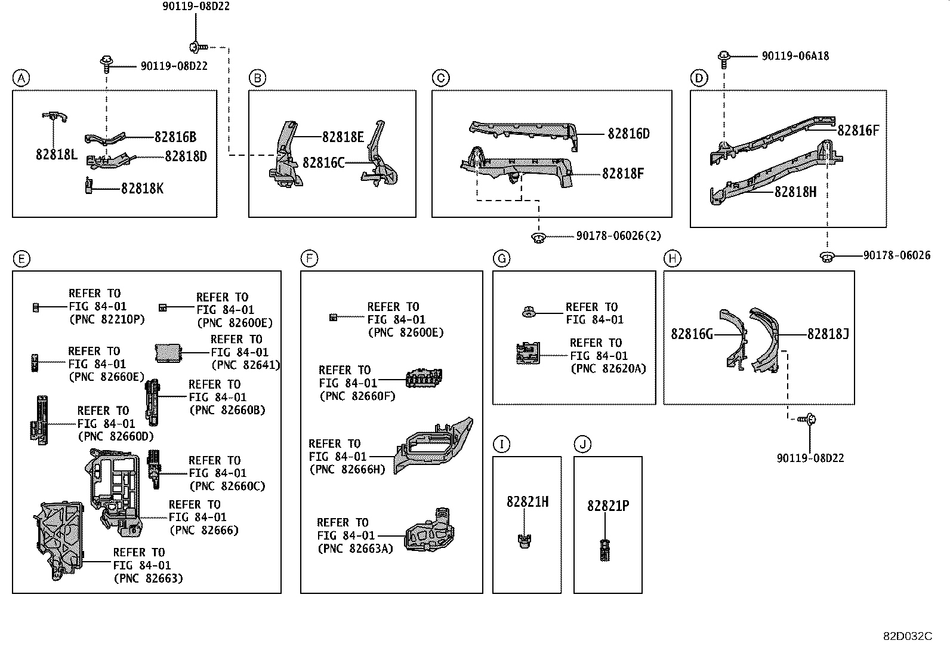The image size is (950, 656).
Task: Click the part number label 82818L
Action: tap(57, 155)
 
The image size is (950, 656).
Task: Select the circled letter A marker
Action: tap(21, 78)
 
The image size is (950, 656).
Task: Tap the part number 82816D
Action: tap(628, 134)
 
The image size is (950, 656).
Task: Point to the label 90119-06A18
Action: tap(795, 56)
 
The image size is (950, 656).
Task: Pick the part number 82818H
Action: tap(795, 192)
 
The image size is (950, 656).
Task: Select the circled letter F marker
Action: tap(309, 258)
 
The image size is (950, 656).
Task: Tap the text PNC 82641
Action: tap(245, 365)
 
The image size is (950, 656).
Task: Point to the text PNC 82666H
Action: tap(347, 470)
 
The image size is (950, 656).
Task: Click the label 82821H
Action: tap(527, 502)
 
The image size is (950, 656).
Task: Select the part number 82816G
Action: tap(692, 334)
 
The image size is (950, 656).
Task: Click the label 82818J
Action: tap(828, 334)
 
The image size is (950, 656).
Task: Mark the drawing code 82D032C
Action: tap(908, 636)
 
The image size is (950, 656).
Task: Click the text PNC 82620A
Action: tap(608, 369)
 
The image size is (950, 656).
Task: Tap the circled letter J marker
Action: tap(583, 444)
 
